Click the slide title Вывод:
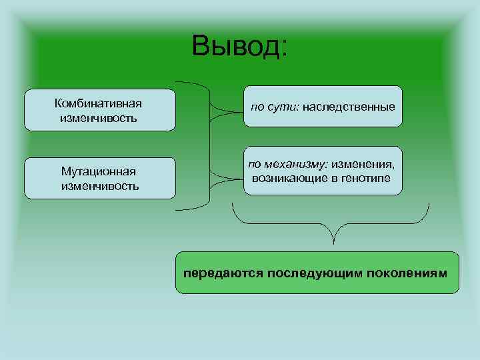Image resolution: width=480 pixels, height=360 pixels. (x=239, y=46)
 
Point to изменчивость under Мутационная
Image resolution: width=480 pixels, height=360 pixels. (x=100, y=185)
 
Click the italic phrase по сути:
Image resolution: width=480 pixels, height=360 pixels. (x=275, y=107)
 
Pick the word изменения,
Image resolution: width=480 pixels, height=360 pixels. (x=365, y=163)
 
